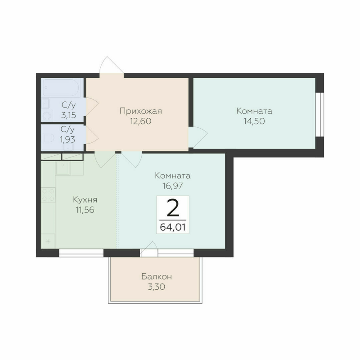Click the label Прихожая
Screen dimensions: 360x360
pos(140,111)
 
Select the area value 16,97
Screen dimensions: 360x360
pos(172,185)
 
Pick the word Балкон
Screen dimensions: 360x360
pos(156,276)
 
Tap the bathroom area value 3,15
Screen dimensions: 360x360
pos(68,115)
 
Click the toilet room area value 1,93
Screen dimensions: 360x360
pos(68,139)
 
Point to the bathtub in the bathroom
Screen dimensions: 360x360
pos(61,88)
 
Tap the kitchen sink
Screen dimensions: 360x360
pos(63,168)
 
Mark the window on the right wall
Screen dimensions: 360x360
pos(320,114)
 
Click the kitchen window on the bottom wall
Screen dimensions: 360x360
pos(81,252)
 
